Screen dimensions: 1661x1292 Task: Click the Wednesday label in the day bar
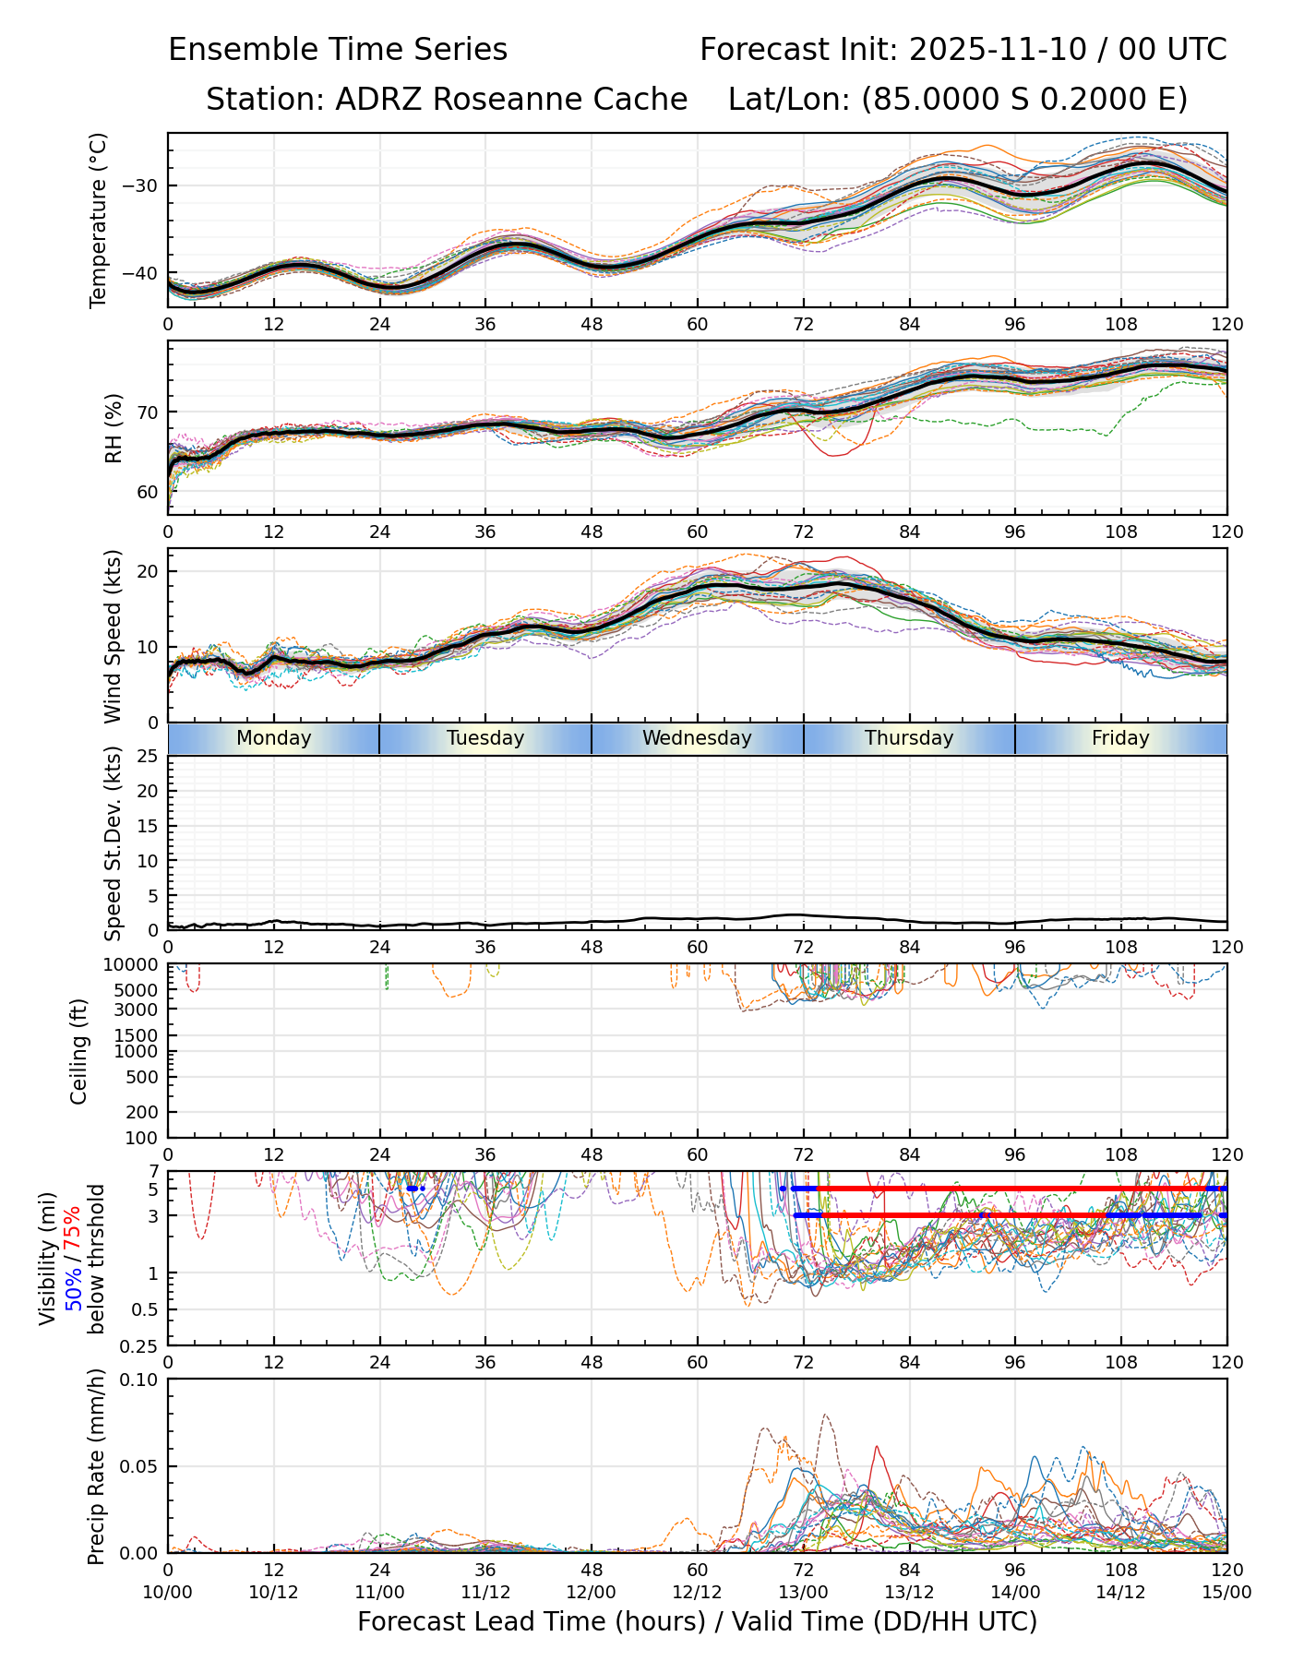(697, 738)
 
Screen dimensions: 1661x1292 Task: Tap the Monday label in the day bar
(273, 738)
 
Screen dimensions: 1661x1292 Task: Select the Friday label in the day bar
(1120, 738)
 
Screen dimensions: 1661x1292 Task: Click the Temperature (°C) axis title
(99, 220)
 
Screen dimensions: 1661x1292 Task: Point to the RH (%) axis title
(114, 427)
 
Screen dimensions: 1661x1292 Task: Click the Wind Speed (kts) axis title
(114, 636)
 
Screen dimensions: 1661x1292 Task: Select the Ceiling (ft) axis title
(79, 1051)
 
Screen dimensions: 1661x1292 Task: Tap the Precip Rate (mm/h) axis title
(96, 1466)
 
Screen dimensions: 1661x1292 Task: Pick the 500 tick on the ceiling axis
(143, 1077)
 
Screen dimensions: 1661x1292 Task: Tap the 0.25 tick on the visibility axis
(140, 1345)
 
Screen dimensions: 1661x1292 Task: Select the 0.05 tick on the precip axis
(140, 1466)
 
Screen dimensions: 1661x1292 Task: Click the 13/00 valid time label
(803, 1592)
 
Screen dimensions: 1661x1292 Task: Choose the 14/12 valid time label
(1120, 1592)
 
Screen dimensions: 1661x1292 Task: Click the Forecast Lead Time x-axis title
(697, 1621)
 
